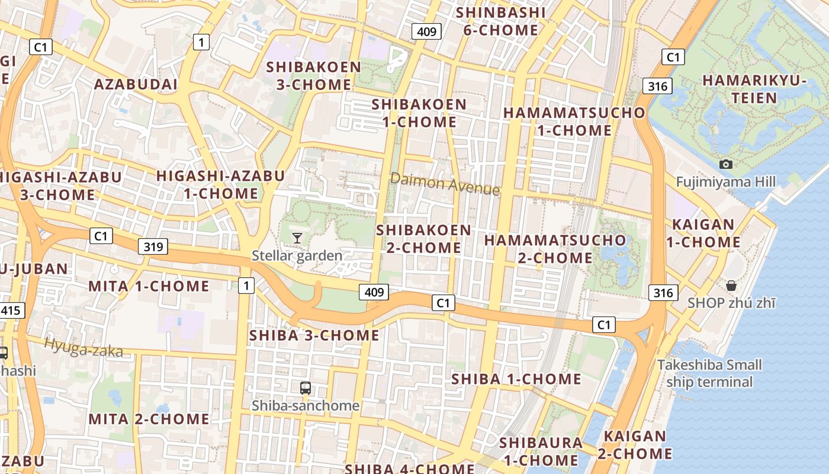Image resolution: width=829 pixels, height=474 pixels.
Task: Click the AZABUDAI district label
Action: coord(136,84)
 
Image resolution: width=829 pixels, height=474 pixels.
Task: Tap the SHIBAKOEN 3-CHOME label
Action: coord(314,76)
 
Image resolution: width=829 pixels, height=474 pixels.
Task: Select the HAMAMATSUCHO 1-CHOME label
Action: coord(574,121)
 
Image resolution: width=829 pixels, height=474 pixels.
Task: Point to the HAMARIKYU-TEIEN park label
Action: coord(754,89)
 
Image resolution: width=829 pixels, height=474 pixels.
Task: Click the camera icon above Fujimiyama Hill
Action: coord(725,164)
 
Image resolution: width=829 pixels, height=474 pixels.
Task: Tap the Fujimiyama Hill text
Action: coord(725,182)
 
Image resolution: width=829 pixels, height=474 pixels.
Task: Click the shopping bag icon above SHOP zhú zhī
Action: coord(731,286)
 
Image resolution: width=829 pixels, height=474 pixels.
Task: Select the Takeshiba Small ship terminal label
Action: coord(709,373)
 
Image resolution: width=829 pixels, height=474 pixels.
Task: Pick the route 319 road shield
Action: coord(153,246)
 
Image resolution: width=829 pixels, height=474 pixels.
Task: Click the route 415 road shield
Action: coord(12,310)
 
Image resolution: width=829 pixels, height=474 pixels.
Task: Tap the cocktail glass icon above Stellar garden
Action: coord(297,238)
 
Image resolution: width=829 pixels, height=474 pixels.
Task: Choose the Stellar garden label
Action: coord(297,256)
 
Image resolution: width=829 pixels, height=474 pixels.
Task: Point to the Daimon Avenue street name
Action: coord(445,184)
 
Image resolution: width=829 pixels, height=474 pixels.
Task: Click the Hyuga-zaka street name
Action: coord(83,348)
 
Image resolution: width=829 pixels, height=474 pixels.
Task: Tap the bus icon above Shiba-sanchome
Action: coord(306,388)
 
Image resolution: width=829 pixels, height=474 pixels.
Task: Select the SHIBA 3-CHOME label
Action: coord(314,335)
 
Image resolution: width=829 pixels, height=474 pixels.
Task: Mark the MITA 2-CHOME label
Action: coord(149,419)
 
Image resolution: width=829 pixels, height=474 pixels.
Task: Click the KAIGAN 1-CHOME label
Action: coord(703,233)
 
